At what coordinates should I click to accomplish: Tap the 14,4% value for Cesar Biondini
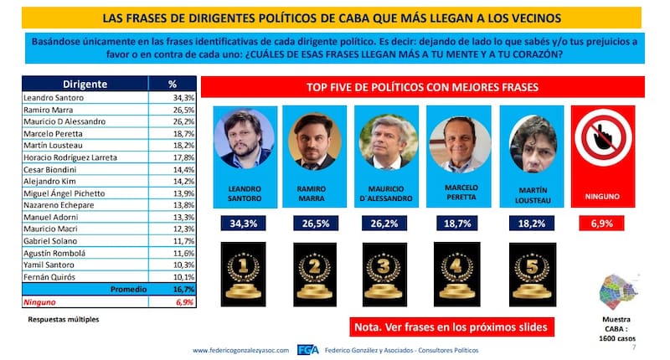click(173, 169)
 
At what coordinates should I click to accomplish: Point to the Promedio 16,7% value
click(173, 289)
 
